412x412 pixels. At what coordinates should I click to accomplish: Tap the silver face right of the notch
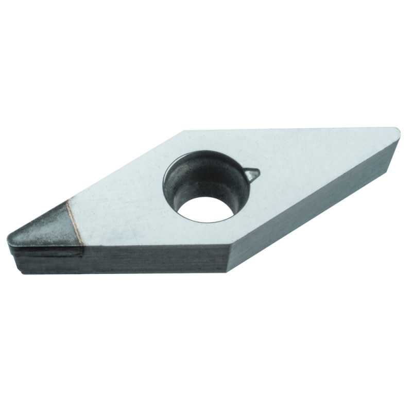(x=309, y=170)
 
